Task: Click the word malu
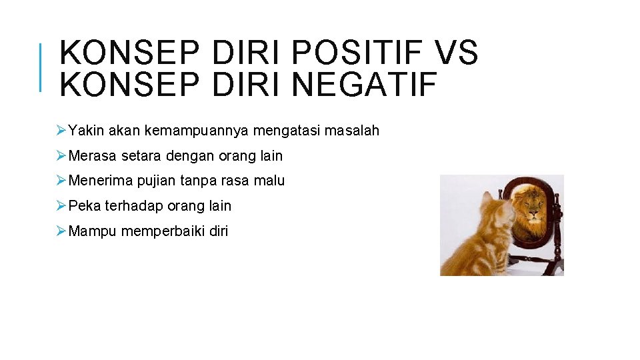269,181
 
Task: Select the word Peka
84,206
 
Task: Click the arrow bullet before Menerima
61,181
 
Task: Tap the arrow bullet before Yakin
61,131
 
